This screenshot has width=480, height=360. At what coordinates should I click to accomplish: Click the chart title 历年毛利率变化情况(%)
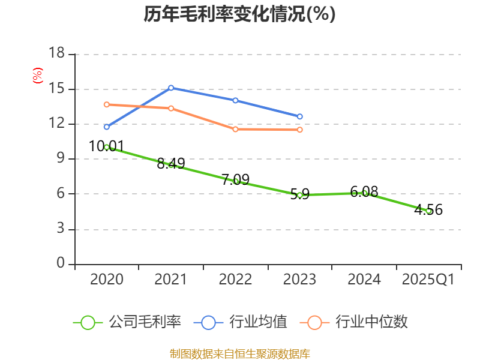[x=239, y=14]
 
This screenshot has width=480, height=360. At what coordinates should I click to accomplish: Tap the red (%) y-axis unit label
[x=38, y=76]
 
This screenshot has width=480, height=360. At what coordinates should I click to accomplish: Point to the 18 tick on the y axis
[x=56, y=54]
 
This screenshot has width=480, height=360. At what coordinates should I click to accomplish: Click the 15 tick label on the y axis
[x=56, y=89]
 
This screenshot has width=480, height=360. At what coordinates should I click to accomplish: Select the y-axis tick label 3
[x=60, y=229]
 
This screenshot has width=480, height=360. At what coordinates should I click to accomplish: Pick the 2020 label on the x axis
[x=106, y=280]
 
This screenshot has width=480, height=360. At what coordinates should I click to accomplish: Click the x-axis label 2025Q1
[x=428, y=280]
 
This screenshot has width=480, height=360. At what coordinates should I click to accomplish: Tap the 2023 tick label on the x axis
[x=299, y=280]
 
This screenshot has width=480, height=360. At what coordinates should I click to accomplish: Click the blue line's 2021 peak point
[x=171, y=88]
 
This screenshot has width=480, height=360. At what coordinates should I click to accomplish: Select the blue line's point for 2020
[x=106, y=127]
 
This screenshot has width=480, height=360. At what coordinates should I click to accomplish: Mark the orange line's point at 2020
[x=106, y=104]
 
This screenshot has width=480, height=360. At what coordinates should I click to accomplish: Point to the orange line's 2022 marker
[x=235, y=129]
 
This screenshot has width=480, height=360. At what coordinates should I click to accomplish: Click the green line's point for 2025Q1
[x=428, y=211]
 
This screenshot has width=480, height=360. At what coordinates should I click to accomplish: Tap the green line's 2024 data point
[x=364, y=193]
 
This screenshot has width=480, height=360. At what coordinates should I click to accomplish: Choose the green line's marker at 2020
[x=106, y=147]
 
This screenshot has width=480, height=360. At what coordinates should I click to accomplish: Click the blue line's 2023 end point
[x=300, y=116]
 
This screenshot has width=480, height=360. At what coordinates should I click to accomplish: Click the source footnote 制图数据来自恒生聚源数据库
[x=239, y=353]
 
